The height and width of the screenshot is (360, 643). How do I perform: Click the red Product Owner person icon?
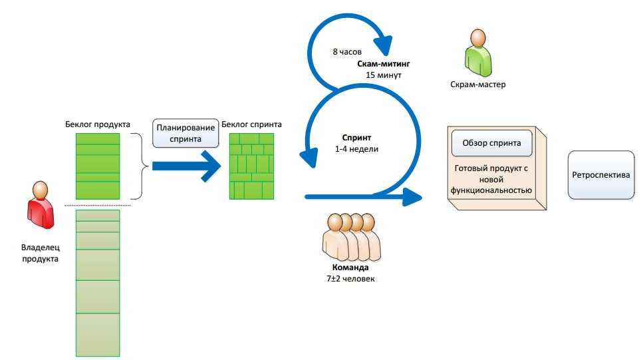coord(41,206)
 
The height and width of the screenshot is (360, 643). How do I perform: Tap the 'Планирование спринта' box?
coord(186,133)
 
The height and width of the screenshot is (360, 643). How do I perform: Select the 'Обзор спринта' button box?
coord(491,142)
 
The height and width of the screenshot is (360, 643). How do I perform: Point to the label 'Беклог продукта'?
coord(98,124)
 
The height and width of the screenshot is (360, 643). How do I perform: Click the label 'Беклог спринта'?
coord(251,124)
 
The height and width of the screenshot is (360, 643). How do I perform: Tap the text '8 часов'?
coord(346,51)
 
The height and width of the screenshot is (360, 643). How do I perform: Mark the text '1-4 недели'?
coord(356,149)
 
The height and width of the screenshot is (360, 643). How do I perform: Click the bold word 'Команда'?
coord(346,268)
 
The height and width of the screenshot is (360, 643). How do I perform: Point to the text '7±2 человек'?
coord(346,278)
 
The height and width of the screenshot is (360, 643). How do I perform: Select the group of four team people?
coord(350,236)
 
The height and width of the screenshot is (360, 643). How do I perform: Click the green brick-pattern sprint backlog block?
coord(251,166)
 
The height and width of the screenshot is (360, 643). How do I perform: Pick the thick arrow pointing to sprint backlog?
coord(186,166)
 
